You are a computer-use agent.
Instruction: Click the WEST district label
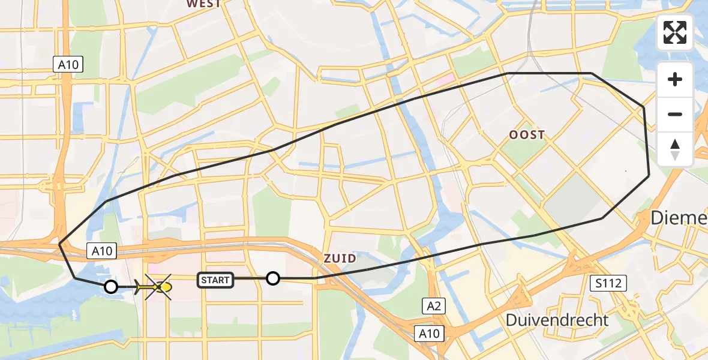click(203, 4)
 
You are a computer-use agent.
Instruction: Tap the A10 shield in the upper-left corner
click(68, 65)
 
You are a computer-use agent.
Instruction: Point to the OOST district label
click(527, 135)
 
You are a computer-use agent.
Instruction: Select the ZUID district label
click(340, 259)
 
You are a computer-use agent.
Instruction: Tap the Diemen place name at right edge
click(679, 218)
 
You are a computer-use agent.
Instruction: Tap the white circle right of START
click(273, 278)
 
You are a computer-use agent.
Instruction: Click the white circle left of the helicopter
click(111, 287)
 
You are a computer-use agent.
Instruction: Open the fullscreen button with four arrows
click(675, 32)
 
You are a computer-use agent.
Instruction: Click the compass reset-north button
click(675, 149)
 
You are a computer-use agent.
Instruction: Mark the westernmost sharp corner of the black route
click(59, 244)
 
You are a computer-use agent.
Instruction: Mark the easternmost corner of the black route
click(649, 175)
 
